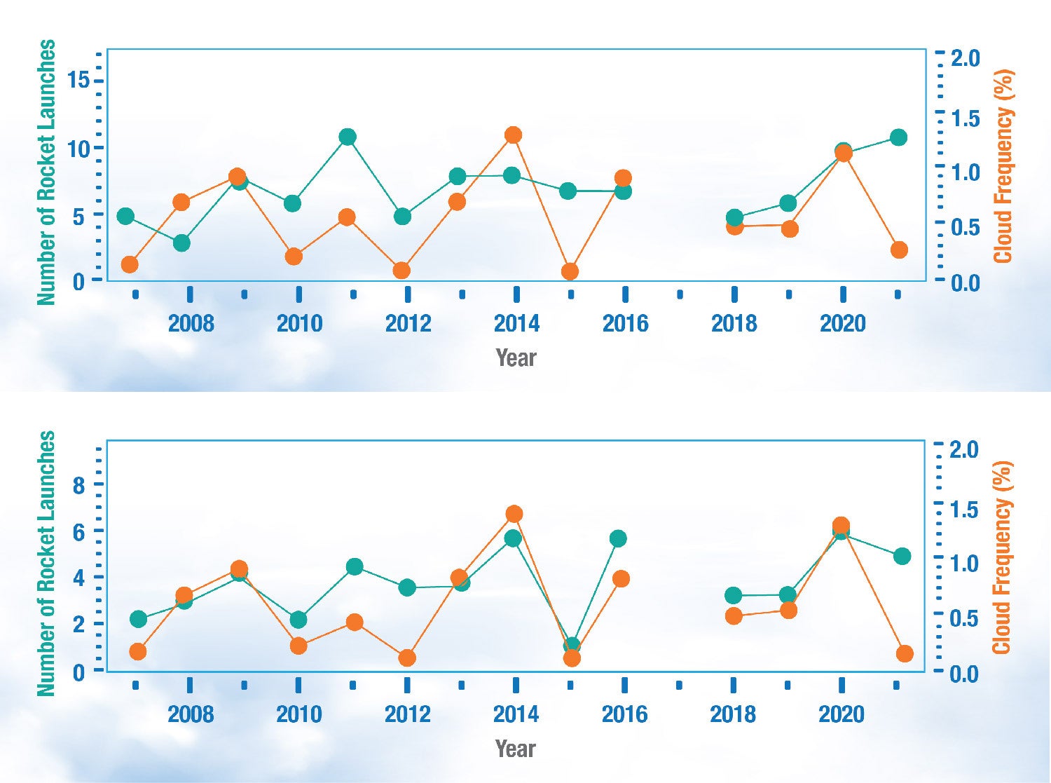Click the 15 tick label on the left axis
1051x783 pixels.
pos(78,81)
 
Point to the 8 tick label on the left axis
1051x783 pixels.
pos(78,485)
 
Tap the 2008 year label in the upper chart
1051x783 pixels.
pos(191,323)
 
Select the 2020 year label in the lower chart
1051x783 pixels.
pos(842,714)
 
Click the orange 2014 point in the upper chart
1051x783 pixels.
pos(513,135)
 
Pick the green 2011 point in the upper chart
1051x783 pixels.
pos(348,137)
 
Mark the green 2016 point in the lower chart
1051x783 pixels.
pos(618,538)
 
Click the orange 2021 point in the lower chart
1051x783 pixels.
pos(905,653)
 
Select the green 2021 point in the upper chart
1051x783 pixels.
pos(898,137)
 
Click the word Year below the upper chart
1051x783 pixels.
pos(516,358)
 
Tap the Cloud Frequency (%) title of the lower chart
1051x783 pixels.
pos(1003,557)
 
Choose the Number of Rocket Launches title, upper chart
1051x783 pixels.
pos(46,172)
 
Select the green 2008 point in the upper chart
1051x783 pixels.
pos(181,243)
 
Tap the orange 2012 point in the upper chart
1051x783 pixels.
pos(401,271)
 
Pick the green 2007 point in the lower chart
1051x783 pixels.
pos(139,619)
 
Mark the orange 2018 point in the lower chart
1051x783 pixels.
pos(734,616)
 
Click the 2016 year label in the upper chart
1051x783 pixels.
pos(625,323)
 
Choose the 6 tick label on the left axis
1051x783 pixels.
pos(78,532)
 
